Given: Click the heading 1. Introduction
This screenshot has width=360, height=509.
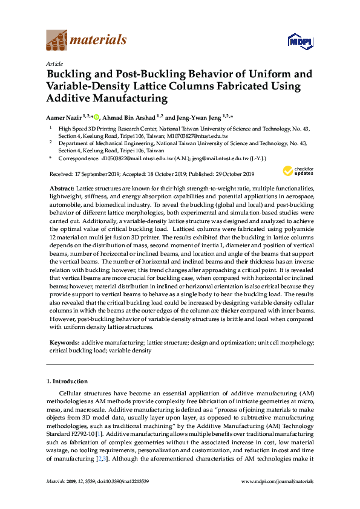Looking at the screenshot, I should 67,381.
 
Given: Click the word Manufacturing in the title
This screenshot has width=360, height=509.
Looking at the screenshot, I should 128,98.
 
